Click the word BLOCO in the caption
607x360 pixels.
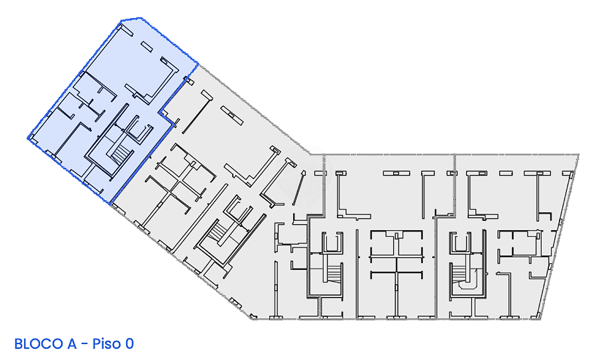(x=39, y=344)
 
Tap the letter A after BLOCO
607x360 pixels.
(x=72, y=344)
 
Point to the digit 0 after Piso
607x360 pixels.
(x=129, y=344)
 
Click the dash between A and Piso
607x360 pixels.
(x=85, y=344)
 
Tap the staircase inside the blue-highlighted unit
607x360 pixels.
(x=120, y=154)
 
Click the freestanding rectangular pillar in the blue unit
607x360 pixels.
(x=147, y=47)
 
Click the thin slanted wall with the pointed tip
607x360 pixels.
(x=299, y=188)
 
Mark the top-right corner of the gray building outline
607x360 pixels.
(x=579, y=155)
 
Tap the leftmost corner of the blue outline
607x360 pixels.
(x=28, y=139)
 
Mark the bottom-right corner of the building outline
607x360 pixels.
(x=540, y=319)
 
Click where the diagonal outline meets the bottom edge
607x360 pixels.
(x=251, y=319)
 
